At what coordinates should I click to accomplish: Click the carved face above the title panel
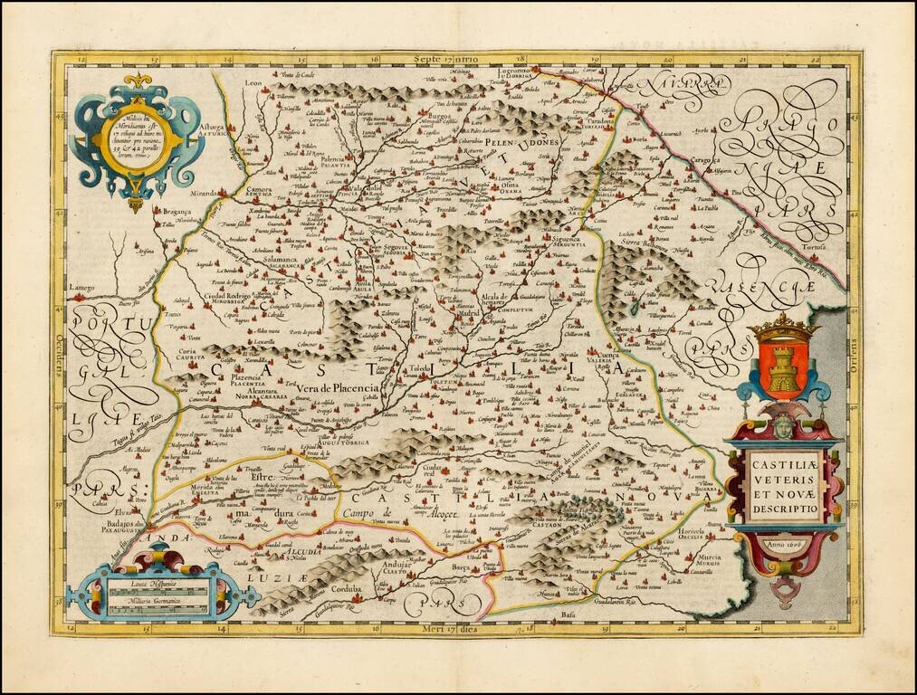coord(783,426)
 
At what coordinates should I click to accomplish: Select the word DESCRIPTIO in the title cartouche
coord(784,509)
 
